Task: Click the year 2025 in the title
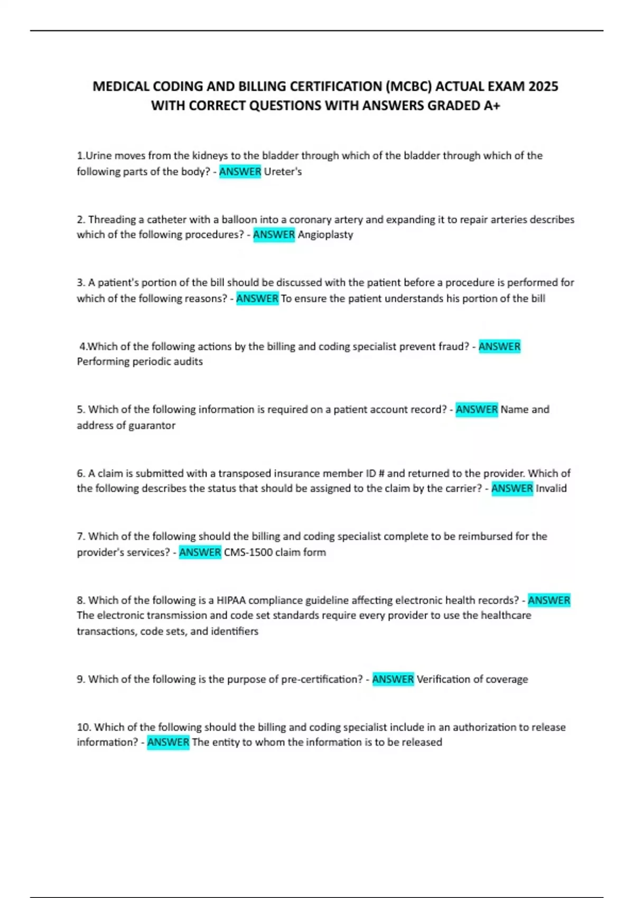click(x=543, y=86)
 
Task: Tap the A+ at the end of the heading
click(x=491, y=106)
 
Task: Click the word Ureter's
click(x=283, y=172)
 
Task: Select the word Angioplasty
click(x=325, y=235)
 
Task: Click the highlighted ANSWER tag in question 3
click(x=257, y=298)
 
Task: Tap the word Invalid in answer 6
click(x=551, y=489)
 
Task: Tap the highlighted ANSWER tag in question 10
click(x=168, y=743)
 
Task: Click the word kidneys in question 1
click(x=210, y=156)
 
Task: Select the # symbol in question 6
click(x=382, y=473)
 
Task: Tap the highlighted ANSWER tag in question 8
click(x=549, y=600)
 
